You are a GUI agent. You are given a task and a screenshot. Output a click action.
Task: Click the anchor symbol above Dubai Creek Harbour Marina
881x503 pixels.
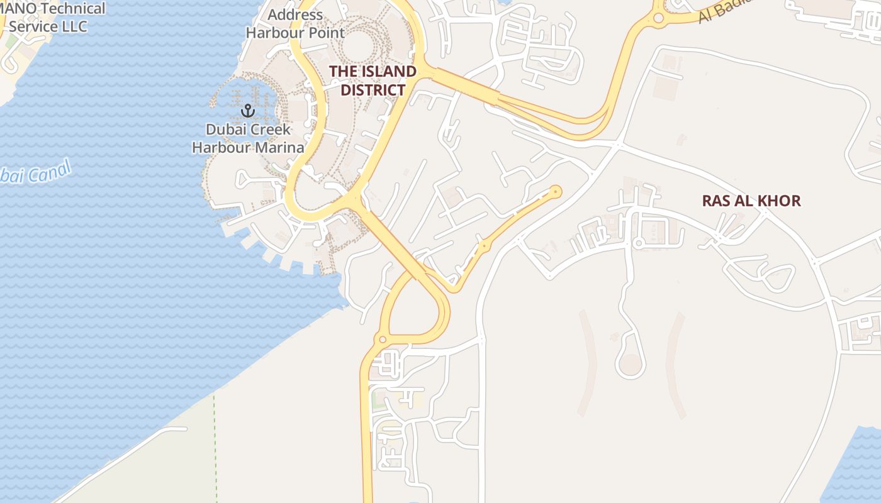248,111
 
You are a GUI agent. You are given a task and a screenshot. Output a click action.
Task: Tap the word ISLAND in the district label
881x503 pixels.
386,72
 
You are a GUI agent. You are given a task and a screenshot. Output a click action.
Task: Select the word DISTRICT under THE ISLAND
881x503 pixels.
373,90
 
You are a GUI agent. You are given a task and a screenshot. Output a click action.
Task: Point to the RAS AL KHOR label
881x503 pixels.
751,201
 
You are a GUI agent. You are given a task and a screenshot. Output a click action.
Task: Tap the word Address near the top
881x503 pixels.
295,14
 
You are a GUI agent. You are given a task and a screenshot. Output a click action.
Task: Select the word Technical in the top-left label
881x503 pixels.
68,9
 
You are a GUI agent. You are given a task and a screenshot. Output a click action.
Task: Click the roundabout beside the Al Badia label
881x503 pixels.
659,18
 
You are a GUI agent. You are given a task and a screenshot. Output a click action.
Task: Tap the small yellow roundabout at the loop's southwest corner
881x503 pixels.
382,340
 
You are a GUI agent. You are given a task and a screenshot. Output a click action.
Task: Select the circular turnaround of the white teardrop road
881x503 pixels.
631,364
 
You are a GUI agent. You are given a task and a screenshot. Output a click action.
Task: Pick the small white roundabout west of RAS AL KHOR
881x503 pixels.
638,243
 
